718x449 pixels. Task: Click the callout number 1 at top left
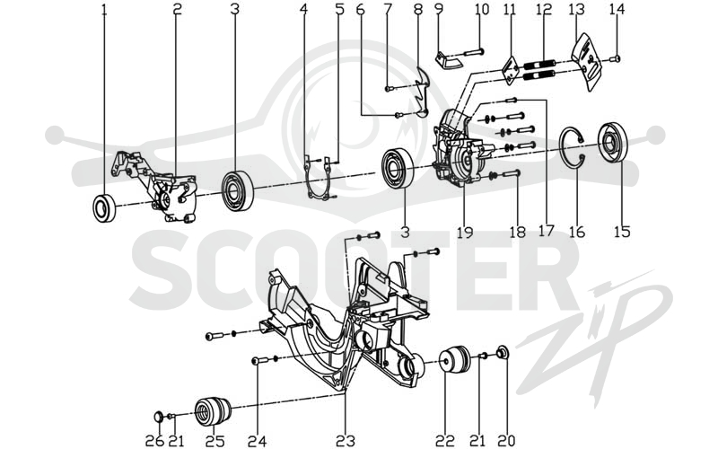[104, 9]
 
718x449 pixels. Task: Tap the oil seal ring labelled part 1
[104, 208]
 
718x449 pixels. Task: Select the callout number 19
[464, 233]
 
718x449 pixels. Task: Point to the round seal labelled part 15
[612, 143]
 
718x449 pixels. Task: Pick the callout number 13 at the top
[576, 9]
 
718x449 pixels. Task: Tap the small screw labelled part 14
[616, 58]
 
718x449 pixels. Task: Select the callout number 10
[482, 9]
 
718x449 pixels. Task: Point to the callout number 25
[215, 441]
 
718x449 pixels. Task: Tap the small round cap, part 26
[158, 417]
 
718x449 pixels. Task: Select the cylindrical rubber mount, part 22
[455, 360]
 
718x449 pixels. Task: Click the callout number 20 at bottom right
[506, 441]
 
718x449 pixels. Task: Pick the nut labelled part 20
[503, 353]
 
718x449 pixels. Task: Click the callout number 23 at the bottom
[346, 441]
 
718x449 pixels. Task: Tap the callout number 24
[257, 441]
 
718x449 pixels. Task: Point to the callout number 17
[547, 231]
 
